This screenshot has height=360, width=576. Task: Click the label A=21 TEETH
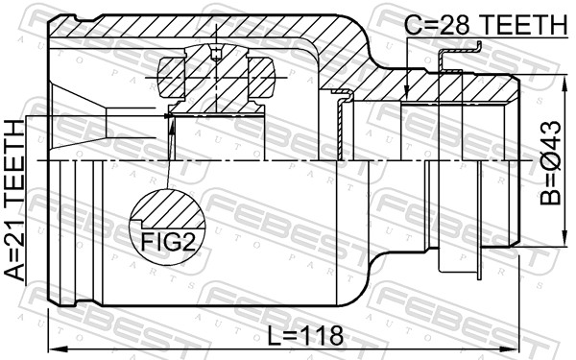click(x=14, y=201)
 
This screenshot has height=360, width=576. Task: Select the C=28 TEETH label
click(x=486, y=24)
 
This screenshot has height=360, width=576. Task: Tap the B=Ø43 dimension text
click(x=550, y=163)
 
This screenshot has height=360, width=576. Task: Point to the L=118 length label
click(x=305, y=335)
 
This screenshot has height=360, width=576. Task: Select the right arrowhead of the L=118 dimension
click(x=512, y=348)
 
